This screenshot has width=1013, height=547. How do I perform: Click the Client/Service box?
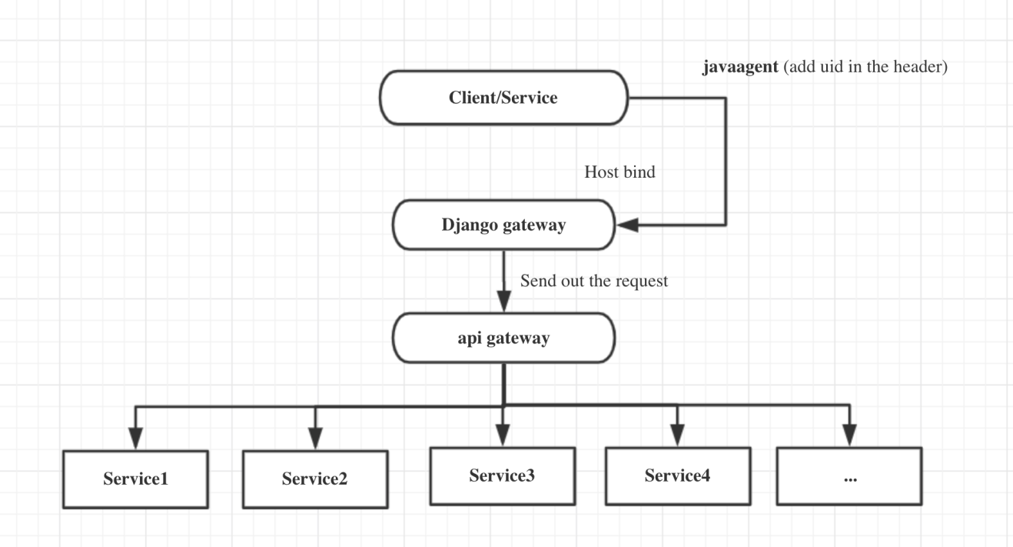(503, 98)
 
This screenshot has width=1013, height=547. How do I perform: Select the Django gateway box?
(503, 225)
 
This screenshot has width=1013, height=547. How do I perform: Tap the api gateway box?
(503, 338)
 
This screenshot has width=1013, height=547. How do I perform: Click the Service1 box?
(136, 479)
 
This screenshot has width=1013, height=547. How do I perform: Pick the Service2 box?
(315, 479)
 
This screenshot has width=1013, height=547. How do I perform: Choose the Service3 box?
(502, 475)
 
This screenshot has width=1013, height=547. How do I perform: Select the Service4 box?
(676, 475)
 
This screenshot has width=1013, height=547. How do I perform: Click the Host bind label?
(619, 172)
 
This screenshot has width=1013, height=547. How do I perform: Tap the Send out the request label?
(594, 281)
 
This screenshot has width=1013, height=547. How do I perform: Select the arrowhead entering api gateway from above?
(503, 301)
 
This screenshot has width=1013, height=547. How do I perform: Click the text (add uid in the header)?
(862, 68)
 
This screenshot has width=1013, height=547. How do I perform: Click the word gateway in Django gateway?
(535, 225)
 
